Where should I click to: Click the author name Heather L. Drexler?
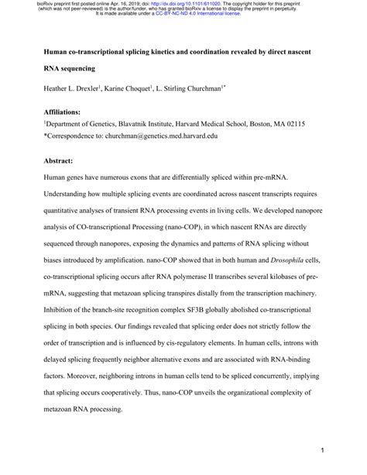click(75, 89)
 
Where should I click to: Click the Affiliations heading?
click(66, 112)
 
